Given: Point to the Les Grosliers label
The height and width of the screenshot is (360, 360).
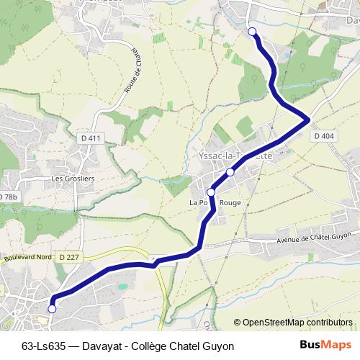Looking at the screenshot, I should (x=73, y=178).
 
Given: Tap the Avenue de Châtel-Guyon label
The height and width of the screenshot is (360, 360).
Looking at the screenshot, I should (x=313, y=238).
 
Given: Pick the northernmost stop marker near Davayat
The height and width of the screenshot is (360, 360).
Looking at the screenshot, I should (x=252, y=31).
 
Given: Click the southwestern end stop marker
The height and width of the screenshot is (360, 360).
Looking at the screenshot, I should (x=51, y=309).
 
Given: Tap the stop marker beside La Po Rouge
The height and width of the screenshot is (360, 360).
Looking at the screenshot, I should (x=211, y=192).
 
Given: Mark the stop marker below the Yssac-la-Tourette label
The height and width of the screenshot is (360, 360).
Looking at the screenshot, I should (x=230, y=172).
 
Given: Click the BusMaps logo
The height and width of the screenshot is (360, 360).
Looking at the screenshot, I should (x=326, y=345).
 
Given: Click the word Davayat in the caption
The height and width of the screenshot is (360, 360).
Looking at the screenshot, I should (x=102, y=346).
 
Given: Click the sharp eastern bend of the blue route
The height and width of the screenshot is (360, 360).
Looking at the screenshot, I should (x=309, y=118).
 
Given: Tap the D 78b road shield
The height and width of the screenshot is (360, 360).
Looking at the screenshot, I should (x=7, y=197).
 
